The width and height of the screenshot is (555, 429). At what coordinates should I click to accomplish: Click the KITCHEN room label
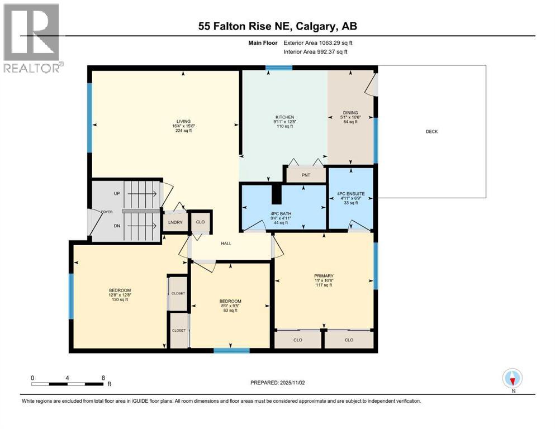283,117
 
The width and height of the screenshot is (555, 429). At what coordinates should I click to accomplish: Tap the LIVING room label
184,121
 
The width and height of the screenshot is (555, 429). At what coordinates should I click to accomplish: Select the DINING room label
350,113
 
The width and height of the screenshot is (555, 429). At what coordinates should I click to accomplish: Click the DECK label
431,132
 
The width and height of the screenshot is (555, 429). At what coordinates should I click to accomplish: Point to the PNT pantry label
305,175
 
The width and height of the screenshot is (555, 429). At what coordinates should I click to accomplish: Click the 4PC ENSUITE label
350,194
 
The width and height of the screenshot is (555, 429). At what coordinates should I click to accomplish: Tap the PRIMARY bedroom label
324,275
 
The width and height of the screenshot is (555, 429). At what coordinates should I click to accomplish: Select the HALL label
226,244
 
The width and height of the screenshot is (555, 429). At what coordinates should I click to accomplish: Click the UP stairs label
116,193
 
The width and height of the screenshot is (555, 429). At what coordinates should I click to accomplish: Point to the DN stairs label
116,225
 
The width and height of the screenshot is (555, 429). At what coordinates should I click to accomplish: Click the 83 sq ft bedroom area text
230,311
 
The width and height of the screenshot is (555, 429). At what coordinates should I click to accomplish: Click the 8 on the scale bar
103,378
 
